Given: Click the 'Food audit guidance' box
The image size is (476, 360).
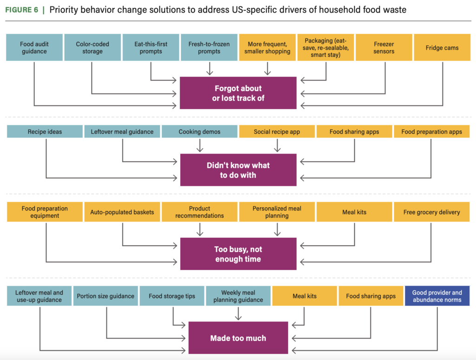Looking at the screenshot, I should (34, 48).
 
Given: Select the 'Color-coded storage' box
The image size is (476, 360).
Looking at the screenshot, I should (92, 48).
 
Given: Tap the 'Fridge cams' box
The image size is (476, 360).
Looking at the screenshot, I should (442, 48).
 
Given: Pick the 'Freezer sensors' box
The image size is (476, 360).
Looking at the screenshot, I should (383, 48).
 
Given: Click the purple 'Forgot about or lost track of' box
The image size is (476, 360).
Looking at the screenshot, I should (238, 93).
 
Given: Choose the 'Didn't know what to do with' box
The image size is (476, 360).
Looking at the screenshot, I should (238, 170).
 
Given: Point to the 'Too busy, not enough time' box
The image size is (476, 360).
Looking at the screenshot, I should (238, 254).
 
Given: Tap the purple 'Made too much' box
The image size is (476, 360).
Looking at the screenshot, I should (238, 338).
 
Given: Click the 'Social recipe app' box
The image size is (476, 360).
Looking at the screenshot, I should (277, 132).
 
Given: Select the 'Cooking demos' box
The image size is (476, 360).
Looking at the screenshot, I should (199, 132).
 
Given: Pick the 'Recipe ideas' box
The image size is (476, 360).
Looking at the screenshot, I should (45, 132).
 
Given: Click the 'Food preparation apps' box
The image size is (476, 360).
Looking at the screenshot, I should (431, 132).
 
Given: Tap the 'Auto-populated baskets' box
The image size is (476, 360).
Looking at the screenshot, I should (122, 212).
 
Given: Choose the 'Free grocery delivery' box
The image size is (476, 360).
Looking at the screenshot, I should (431, 212).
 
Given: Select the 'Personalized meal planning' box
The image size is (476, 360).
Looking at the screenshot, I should (277, 212).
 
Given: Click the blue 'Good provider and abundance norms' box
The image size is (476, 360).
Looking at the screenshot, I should (437, 296).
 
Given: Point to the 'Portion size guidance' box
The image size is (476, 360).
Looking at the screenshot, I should (106, 296).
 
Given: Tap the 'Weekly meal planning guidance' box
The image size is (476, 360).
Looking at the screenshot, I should (238, 296).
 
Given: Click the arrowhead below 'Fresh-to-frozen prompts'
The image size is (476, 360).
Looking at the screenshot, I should (209, 72).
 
